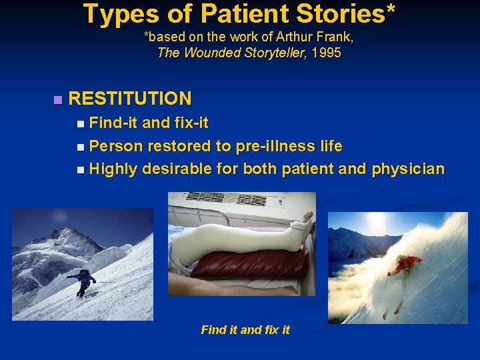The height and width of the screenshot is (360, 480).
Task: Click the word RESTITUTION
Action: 129,99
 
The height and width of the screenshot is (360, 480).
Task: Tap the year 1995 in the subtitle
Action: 326,53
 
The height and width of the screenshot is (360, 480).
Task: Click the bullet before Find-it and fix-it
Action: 80,123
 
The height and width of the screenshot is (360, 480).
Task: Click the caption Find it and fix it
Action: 245,329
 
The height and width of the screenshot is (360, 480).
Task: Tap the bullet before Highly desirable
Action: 80,169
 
